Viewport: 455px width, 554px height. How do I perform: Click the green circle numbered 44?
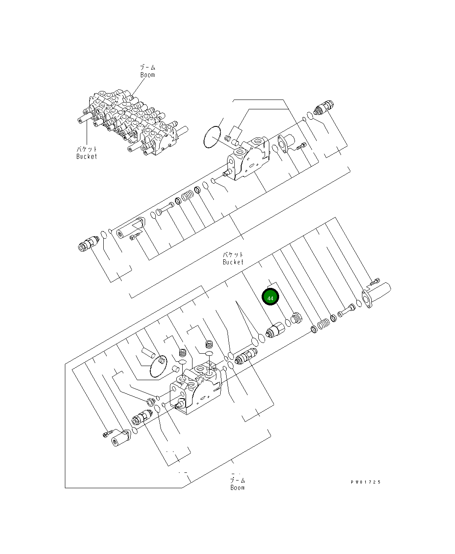(270, 297)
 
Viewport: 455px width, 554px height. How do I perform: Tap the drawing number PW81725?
(365, 482)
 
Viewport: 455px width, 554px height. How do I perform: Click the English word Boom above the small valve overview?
(148, 75)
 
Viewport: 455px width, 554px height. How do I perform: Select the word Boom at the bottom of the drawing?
(237, 487)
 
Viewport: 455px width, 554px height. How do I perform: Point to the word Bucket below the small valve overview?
(87, 156)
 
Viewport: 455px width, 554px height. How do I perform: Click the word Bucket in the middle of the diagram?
(233, 262)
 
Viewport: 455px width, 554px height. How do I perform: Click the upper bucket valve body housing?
(249, 159)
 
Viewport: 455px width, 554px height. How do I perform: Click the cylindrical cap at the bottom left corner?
(119, 439)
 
